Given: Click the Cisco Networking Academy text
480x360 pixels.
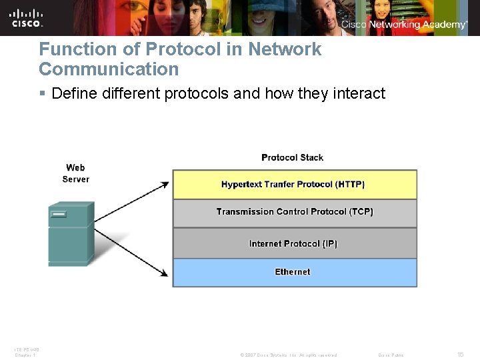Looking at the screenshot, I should click(404, 24).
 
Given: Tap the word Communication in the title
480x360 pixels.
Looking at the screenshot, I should click(109, 69).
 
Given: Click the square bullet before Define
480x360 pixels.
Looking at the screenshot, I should click(43, 93).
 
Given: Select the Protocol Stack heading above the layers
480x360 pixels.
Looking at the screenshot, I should click(292, 157).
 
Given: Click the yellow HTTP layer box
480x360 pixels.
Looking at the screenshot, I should click(294, 185).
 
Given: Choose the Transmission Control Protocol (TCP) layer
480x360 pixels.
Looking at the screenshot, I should click(294, 212).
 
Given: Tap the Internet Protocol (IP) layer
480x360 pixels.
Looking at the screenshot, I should click(294, 243).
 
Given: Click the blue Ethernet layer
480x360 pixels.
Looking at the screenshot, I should click(294, 272).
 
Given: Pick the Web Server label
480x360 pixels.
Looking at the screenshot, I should click(75, 173).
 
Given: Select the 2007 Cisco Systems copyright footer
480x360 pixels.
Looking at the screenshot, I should click(289, 355).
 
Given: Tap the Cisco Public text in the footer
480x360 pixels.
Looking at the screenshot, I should click(390, 355).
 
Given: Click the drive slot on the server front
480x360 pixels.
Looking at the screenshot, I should click(59, 215).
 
